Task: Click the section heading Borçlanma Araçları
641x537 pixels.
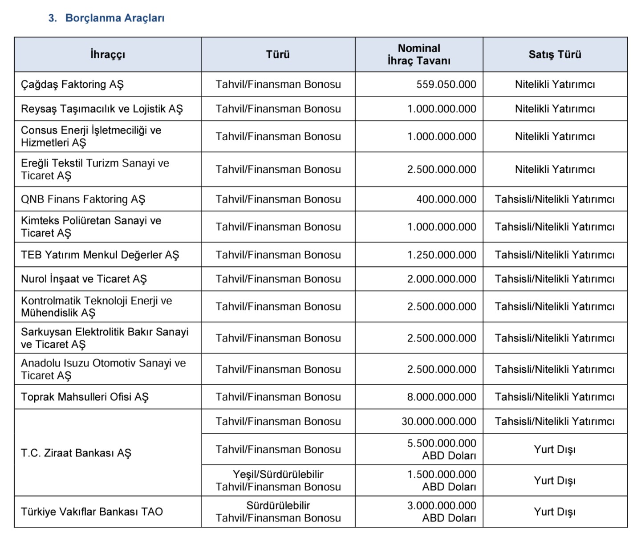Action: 114,18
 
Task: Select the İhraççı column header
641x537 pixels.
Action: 108,54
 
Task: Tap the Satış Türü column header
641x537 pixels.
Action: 555,54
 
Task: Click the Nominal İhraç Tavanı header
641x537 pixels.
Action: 419,54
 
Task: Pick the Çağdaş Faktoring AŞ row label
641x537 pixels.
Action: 72,84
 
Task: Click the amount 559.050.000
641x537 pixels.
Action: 446,84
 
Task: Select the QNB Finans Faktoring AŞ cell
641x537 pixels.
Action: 83,199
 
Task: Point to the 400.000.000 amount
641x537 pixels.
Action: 446,199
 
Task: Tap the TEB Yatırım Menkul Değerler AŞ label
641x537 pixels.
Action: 100,255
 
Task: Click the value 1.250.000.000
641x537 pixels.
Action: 442,255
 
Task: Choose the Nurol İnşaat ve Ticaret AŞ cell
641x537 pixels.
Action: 84,279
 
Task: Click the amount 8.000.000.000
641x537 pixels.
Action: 442,397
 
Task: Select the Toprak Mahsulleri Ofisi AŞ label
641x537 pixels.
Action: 85,397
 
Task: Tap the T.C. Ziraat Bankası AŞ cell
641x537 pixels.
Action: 76,453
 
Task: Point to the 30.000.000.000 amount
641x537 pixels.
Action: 439,421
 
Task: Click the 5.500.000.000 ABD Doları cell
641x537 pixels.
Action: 442,449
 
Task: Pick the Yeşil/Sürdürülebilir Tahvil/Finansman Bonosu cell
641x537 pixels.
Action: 278,480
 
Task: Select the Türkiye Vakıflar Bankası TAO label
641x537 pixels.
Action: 92,512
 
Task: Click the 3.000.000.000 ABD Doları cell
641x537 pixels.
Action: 442,512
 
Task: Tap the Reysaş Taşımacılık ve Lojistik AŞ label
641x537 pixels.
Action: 102,109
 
